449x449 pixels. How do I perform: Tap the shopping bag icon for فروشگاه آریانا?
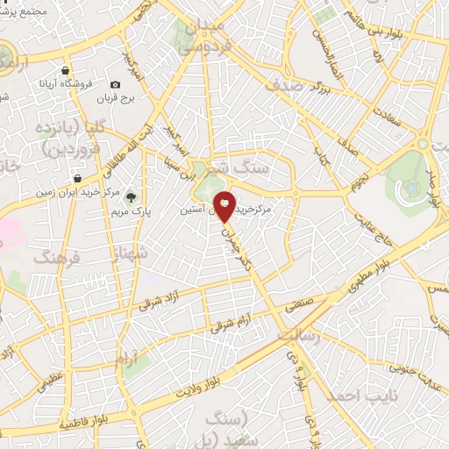coord(66,71)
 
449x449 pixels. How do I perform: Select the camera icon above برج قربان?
coord(116,84)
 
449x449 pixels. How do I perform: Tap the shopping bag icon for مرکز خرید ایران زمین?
coord(78,179)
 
